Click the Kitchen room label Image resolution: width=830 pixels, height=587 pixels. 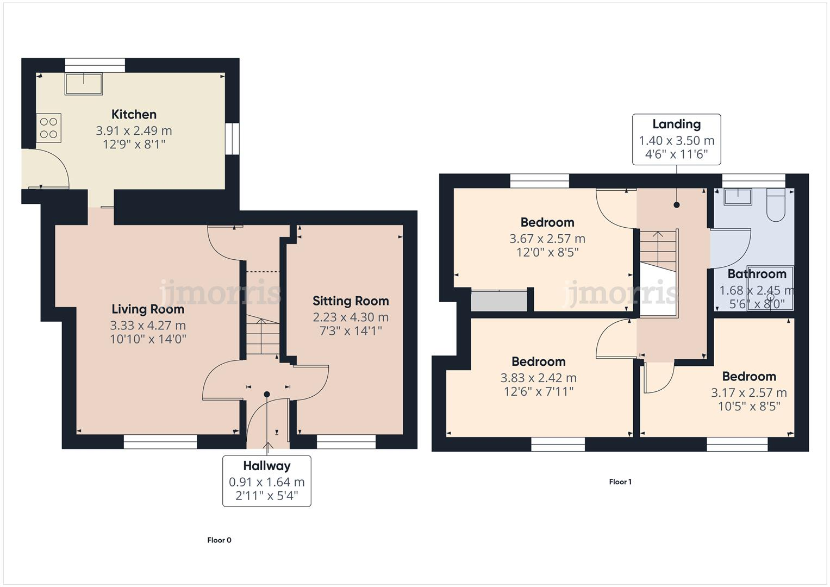[x=134, y=114]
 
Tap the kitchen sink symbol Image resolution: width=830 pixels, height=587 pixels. [x=84, y=84]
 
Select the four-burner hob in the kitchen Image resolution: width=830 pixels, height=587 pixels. [x=49, y=128]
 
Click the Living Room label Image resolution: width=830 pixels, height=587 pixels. [x=148, y=309]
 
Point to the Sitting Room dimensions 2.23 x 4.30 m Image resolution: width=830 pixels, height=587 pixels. [x=351, y=317]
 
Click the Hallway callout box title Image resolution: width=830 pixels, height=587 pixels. [x=266, y=466]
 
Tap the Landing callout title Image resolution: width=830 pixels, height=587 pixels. [x=676, y=124]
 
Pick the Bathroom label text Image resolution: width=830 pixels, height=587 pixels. [x=757, y=274]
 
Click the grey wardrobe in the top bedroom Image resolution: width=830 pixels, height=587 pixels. [x=499, y=301]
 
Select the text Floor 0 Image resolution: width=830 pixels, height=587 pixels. [x=219, y=540]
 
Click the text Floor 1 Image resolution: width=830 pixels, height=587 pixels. [x=620, y=482]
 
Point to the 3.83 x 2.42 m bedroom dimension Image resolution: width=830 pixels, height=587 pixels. [x=538, y=378]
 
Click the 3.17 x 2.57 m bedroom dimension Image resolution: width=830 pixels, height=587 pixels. [x=748, y=392]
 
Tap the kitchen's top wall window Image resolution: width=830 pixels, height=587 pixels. [x=95, y=65]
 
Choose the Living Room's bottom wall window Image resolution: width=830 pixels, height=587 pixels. [x=160, y=442]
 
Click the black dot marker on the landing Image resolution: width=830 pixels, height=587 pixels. [x=676, y=205]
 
